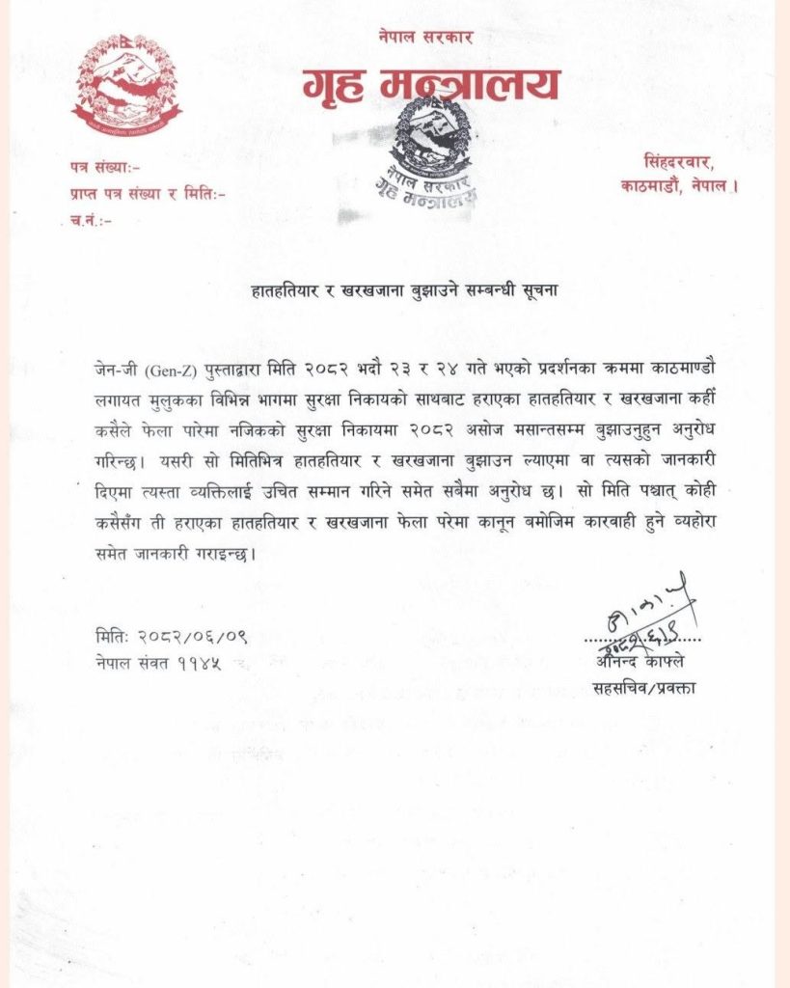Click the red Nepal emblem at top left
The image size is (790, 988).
click(126, 85)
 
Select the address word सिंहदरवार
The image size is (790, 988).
click(682, 160)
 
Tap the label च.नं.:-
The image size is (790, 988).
click(91, 221)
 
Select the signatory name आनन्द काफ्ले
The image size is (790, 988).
click(642, 662)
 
